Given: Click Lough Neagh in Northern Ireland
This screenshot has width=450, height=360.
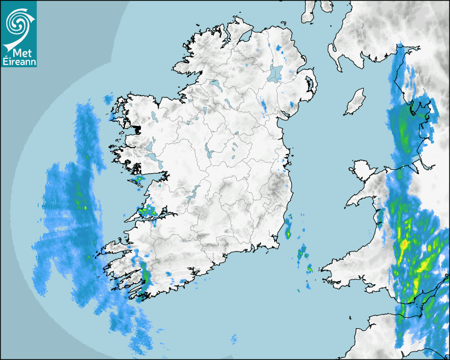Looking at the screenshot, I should click(275, 73).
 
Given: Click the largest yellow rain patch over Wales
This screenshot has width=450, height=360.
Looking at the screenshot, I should click(405, 245).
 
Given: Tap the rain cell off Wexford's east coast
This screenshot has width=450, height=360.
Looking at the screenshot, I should click(289, 228).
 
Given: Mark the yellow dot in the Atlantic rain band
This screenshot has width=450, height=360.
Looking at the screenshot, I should click(85, 208).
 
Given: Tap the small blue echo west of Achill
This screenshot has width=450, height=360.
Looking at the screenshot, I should click(109, 99).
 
